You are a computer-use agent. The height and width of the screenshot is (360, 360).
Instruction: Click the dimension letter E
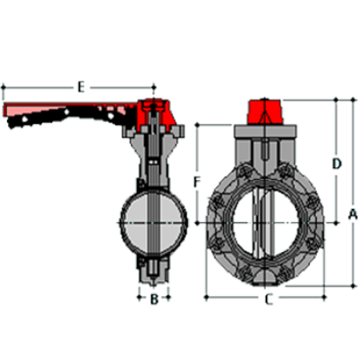point(81,87)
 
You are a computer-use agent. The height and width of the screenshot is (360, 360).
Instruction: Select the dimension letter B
point(154,299)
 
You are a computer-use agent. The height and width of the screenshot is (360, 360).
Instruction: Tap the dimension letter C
point(269,299)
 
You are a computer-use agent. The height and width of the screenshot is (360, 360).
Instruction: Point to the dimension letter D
point(337,164)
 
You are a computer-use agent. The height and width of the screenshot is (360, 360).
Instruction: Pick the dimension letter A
point(353,214)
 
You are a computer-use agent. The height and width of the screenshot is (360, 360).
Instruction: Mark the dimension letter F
point(197,182)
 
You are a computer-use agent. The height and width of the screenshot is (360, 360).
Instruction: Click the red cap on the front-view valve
point(264,112)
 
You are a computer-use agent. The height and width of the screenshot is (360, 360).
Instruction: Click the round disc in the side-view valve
point(154,223)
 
